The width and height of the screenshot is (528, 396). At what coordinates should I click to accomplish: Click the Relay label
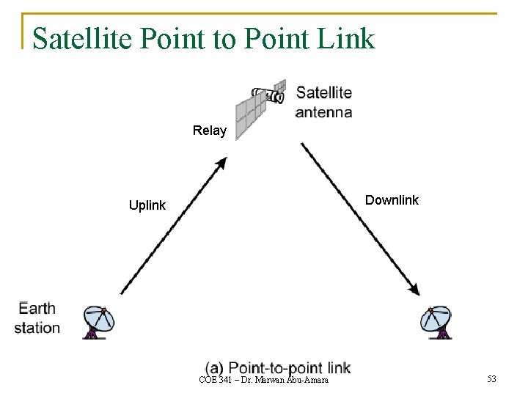(210, 131)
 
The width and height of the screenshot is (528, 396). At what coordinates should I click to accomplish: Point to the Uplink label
(147, 205)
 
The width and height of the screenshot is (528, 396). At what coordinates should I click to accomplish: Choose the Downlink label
(392, 200)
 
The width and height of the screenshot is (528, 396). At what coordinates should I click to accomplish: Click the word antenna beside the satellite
(323, 112)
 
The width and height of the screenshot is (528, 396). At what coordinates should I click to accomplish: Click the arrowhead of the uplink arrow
(221, 164)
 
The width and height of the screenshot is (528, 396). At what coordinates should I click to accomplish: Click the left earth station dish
(99, 322)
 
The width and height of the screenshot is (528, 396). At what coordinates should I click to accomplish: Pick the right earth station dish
(439, 322)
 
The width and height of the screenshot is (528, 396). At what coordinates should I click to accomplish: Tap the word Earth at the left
(37, 308)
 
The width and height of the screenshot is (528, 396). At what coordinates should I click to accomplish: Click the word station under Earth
(37, 328)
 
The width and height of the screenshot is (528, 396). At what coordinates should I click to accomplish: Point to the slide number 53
(491, 379)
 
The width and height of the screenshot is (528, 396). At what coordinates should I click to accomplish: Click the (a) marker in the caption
(214, 367)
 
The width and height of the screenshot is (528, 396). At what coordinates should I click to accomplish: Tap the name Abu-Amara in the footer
(309, 379)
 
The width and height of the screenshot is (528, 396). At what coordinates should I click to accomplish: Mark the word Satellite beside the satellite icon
(323, 93)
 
